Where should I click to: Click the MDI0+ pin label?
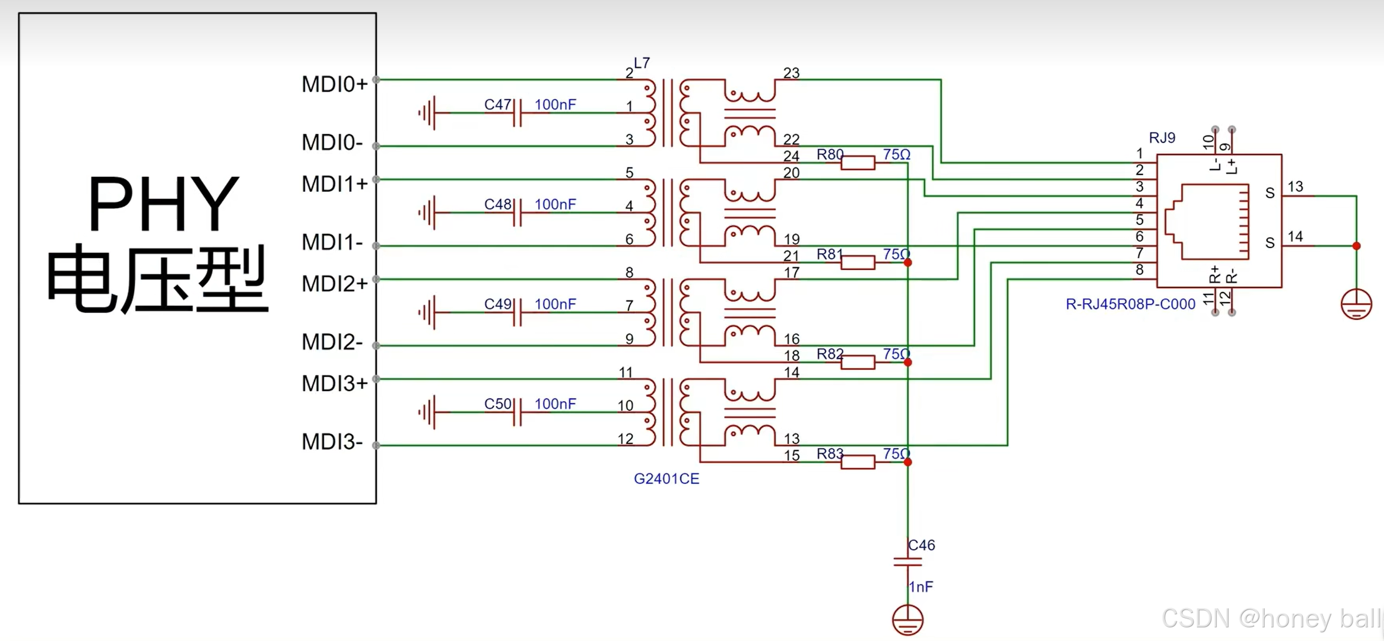pyautogui.click(x=334, y=84)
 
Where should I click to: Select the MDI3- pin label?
pyautogui.click(x=331, y=442)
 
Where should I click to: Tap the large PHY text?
pyautogui.click(x=163, y=204)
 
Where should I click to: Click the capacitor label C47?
pyautogui.click(x=497, y=104)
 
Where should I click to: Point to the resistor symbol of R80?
pyautogui.click(x=858, y=163)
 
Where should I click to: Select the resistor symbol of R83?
pyautogui.click(x=858, y=462)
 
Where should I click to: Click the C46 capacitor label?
pyautogui.click(x=921, y=545)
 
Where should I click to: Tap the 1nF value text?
pyautogui.click(x=920, y=587)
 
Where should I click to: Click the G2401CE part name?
pyautogui.click(x=666, y=479)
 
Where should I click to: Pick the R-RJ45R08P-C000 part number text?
pyautogui.click(x=1130, y=304)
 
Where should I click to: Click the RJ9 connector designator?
pyautogui.click(x=1161, y=138)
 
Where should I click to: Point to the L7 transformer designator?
pyautogui.click(x=642, y=63)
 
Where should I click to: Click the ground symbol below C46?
pyautogui.click(x=907, y=620)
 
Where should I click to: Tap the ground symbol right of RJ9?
pyautogui.click(x=1356, y=304)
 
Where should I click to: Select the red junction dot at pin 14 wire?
pyautogui.click(x=1356, y=246)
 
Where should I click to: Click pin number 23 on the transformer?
pyautogui.click(x=791, y=73)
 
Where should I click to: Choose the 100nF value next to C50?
pyautogui.click(x=555, y=404)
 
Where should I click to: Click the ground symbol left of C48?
pyautogui.click(x=428, y=212)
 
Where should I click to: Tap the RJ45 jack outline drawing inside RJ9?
pyautogui.click(x=1208, y=221)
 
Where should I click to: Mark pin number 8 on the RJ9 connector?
pyautogui.click(x=1139, y=270)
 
